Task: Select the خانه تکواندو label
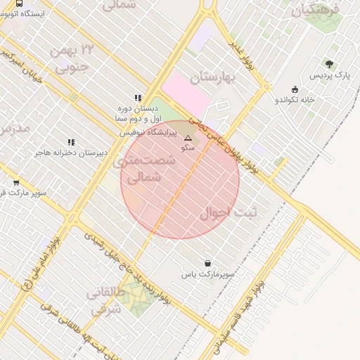(x=295, y=100)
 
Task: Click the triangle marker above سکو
(x=188, y=139)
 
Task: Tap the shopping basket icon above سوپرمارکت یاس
(x=207, y=262)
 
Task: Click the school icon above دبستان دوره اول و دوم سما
(x=138, y=99)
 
